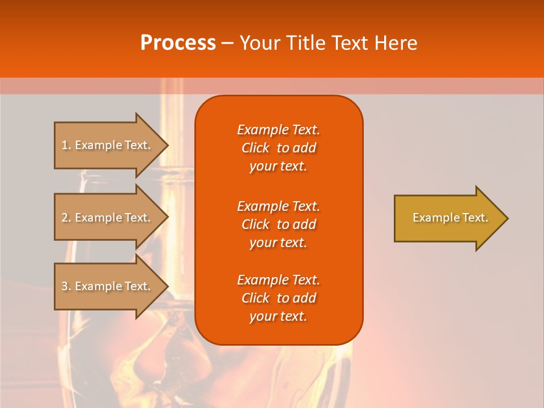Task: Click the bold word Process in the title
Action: pyautogui.click(x=178, y=43)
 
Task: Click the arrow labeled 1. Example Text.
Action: pyautogui.click(x=108, y=145)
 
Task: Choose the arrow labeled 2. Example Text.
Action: pyautogui.click(x=108, y=218)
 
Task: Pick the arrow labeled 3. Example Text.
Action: pyautogui.click(x=108, y=286)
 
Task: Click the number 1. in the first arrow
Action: pyautogui.click(x=66, y=145)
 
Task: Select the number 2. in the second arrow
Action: pyautogui.click(x=66, y=218)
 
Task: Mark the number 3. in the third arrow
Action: pyautogui.click(x=66, y=286)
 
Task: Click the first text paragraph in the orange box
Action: pyautogui.click(x=278, y=148)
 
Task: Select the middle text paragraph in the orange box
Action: pyautogui.click(x=278, y=224)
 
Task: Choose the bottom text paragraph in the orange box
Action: pyautogui.click(x=278, y=298)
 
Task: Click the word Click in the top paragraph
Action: pyautogui.click(x=256, y=148)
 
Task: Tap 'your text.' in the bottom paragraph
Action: pyautogui.click(x=278, y=317)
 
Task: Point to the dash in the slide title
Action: pyautogui.click(x=227, y=44)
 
